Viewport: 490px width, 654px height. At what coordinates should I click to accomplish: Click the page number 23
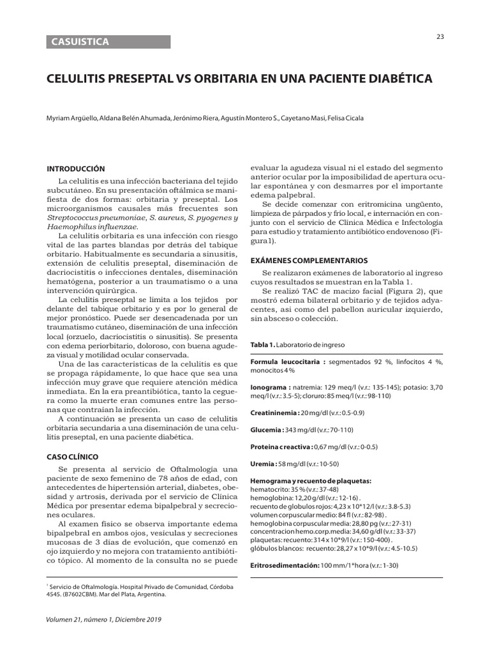pos(440,36)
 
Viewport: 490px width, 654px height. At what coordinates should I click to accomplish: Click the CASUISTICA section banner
pos(108,42)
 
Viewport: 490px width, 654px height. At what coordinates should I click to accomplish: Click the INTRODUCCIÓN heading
pos(76,169)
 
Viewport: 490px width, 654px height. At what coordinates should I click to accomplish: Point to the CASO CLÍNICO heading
pos(74,457)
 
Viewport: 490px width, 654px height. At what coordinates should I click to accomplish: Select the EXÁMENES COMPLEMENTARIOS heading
pos(309,261)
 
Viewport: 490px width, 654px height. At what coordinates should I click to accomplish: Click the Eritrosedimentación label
pos(284,566)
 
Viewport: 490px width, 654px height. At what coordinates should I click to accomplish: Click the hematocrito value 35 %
pos(299,489)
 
